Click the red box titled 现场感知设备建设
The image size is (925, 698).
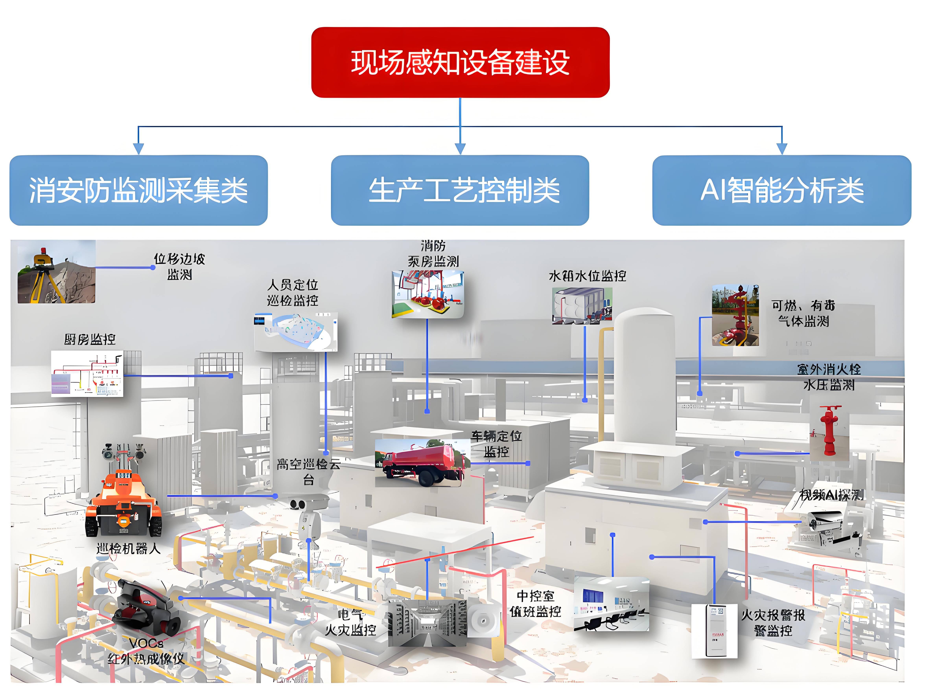pos(460,63)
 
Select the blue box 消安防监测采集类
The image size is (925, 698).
pos(138,191)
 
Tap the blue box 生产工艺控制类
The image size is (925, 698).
pos(460,191)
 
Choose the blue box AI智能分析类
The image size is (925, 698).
pos(782,191)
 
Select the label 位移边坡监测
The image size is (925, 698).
pos(179,267)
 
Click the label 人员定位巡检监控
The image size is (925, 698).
pos(293,293)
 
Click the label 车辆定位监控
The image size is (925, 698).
pos(496,444)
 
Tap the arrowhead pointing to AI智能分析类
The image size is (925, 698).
pos(782,149)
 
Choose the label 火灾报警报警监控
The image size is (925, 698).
pos(773,623)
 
